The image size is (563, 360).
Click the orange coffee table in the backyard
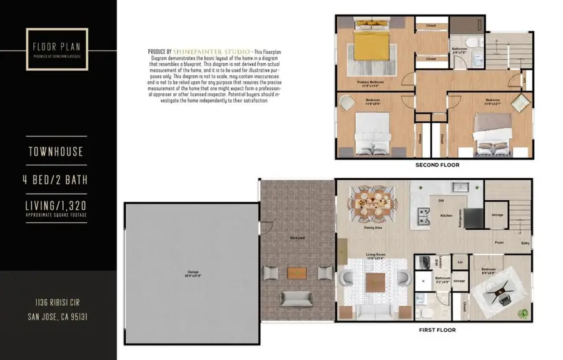297,272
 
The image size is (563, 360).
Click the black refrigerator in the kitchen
474,218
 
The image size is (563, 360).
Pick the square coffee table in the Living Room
374,282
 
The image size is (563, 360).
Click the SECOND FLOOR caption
437,165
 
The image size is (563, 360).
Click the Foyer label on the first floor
499,242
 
